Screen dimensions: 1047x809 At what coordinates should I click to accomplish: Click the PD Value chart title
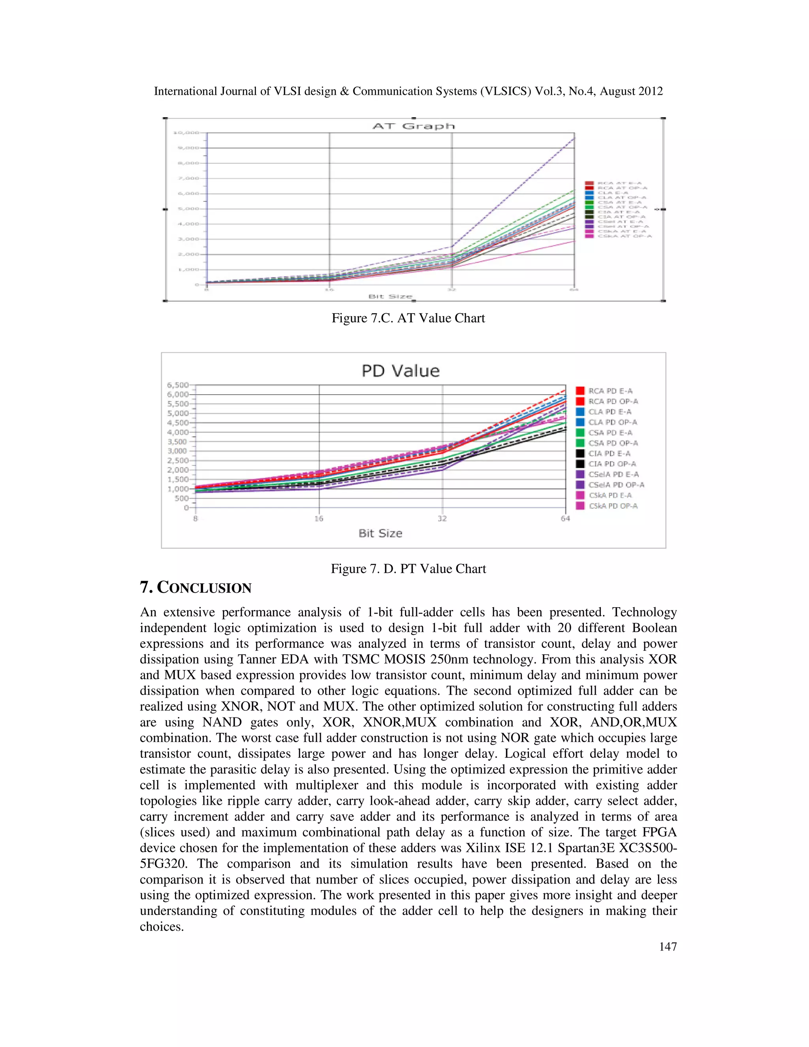[x=400, y=371]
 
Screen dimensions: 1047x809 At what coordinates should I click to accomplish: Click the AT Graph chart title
[x=413, y=126]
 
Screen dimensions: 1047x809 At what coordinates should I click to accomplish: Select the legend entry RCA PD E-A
[x=610, y=391]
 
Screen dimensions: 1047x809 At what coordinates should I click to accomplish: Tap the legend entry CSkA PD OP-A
[x=613, y=506]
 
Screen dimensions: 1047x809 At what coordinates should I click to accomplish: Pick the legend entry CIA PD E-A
[x=609, y=454]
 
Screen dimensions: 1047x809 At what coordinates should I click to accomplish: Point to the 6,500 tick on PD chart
[x=177, y=385]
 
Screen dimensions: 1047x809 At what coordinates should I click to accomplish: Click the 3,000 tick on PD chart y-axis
[x=177, y=451]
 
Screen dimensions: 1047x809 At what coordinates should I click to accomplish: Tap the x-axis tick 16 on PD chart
[x=319, y=519]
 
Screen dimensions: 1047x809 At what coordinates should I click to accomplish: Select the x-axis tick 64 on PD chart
[x=566, y=519]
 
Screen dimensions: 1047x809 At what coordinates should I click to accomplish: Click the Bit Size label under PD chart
[x=380, y=533]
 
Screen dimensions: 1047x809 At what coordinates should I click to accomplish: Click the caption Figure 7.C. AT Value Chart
[x=408, y=318]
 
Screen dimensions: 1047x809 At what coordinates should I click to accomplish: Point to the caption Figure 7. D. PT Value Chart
[x=408, y=569]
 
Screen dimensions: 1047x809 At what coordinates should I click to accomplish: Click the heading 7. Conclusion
[x=196, y=588]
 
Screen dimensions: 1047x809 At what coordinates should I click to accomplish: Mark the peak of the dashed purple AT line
[x=574, y=138]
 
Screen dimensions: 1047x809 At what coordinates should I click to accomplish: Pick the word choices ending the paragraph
[x=162, y=926]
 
